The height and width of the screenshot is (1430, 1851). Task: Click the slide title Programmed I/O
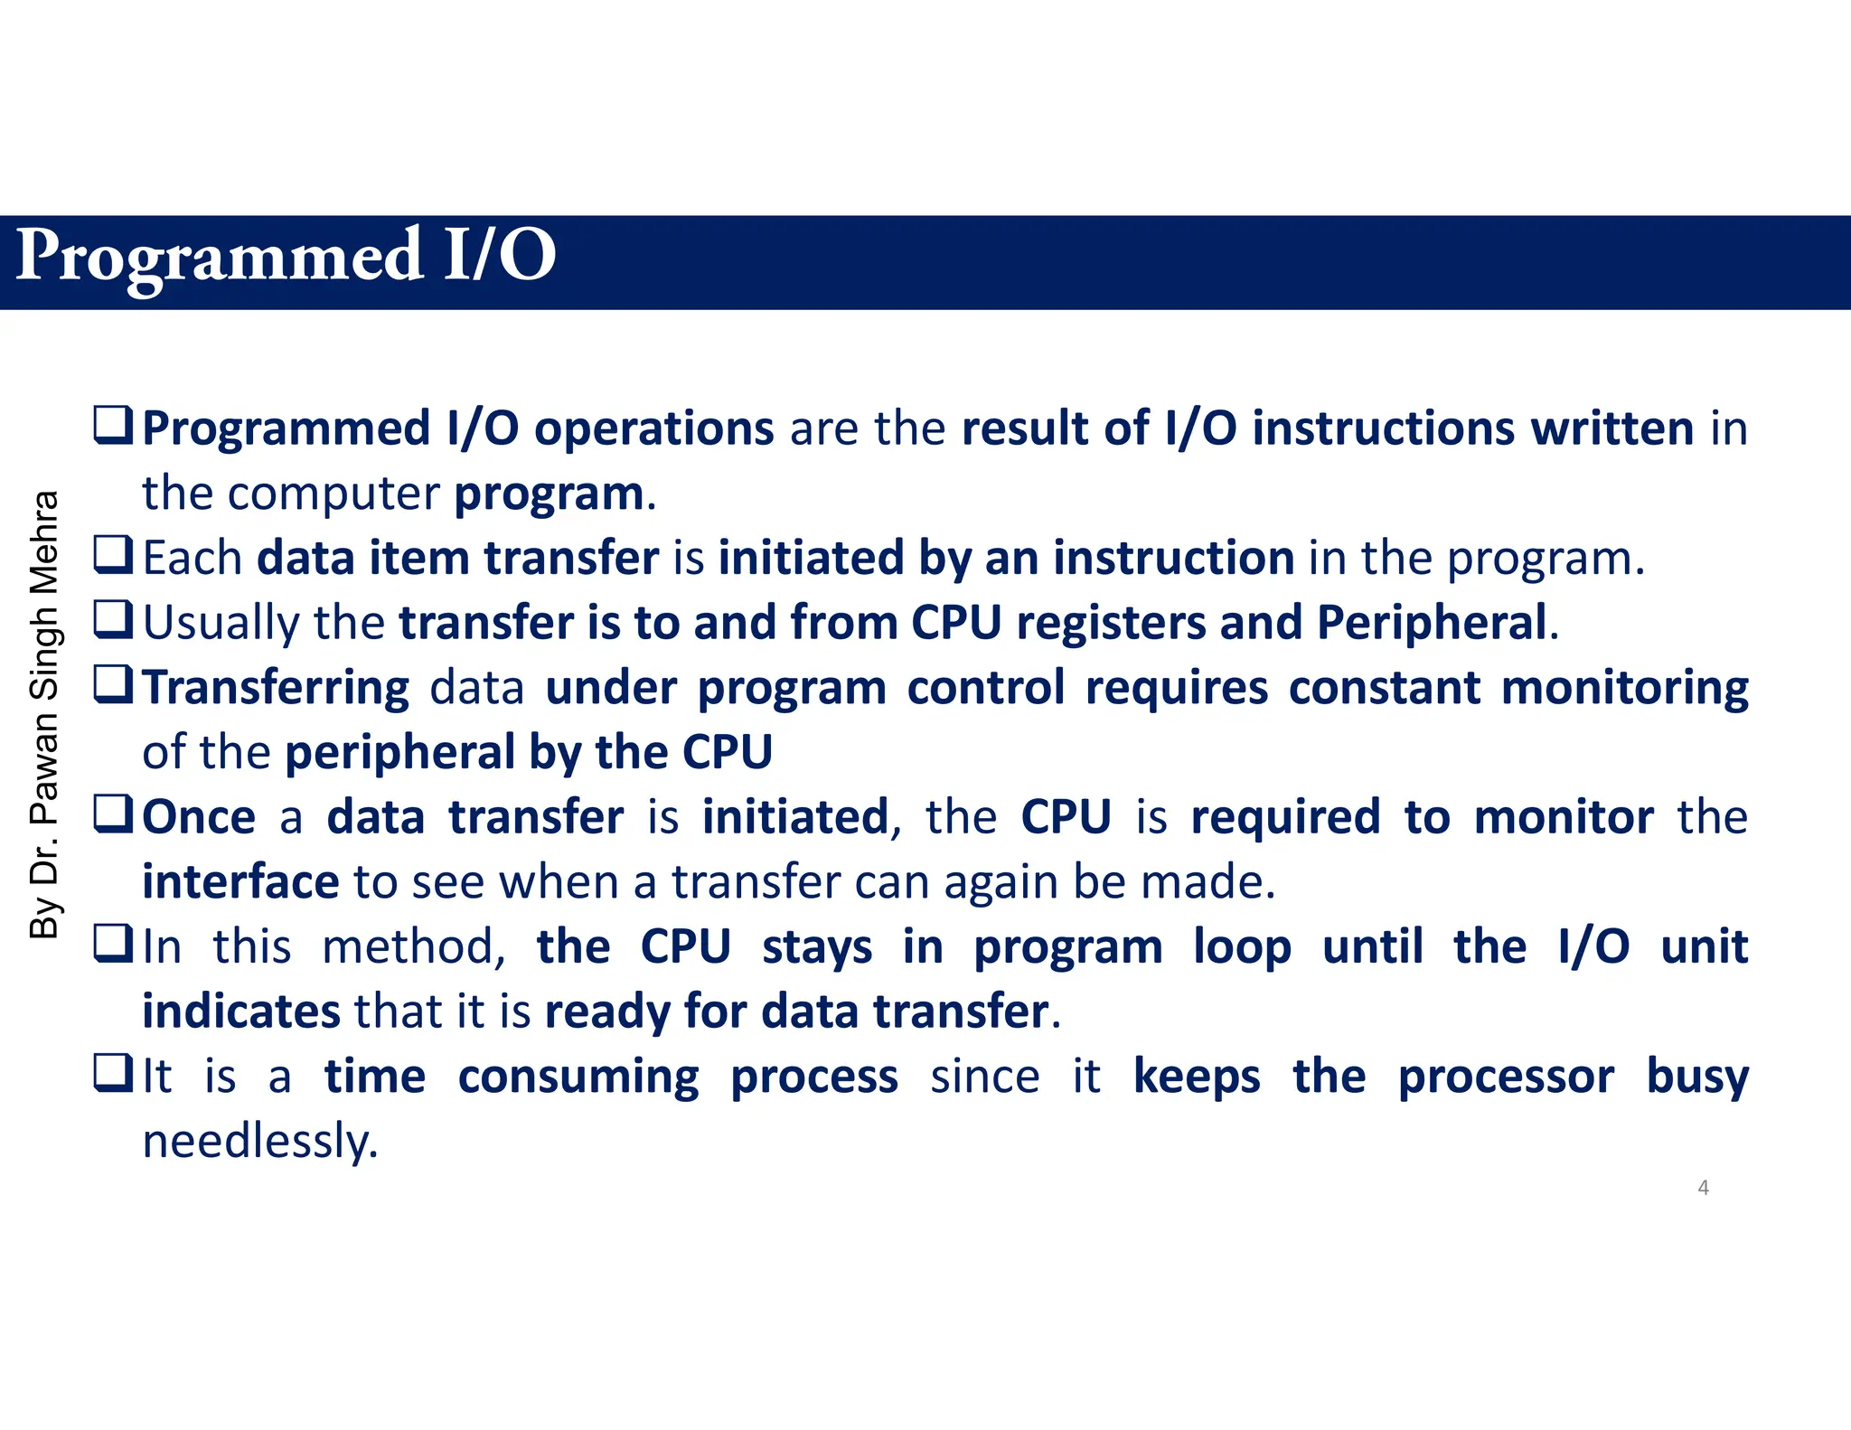coord(286,257)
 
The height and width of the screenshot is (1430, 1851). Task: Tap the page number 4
coord(1703,1188)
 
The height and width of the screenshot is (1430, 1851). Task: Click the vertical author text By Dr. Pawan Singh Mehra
coord(44,714)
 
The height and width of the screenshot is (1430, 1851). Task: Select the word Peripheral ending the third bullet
coord(1432,623)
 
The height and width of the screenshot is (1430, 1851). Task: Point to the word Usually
coord(221,623)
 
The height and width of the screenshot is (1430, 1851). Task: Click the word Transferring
coord(276,688)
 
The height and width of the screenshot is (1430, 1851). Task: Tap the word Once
coord(199,817)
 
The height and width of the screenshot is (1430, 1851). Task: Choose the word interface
coord(240,882)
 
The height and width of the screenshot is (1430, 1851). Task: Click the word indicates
coord(240,1011)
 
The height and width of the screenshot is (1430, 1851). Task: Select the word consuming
coord(578,1077)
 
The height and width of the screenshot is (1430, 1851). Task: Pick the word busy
coord(1696,1077)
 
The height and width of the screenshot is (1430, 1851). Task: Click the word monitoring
coord(1624,688)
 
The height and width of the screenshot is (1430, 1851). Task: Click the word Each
coord(192,558)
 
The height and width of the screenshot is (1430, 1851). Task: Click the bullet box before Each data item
coord(114,555)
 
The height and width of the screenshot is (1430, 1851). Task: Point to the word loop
coord(1241,947)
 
